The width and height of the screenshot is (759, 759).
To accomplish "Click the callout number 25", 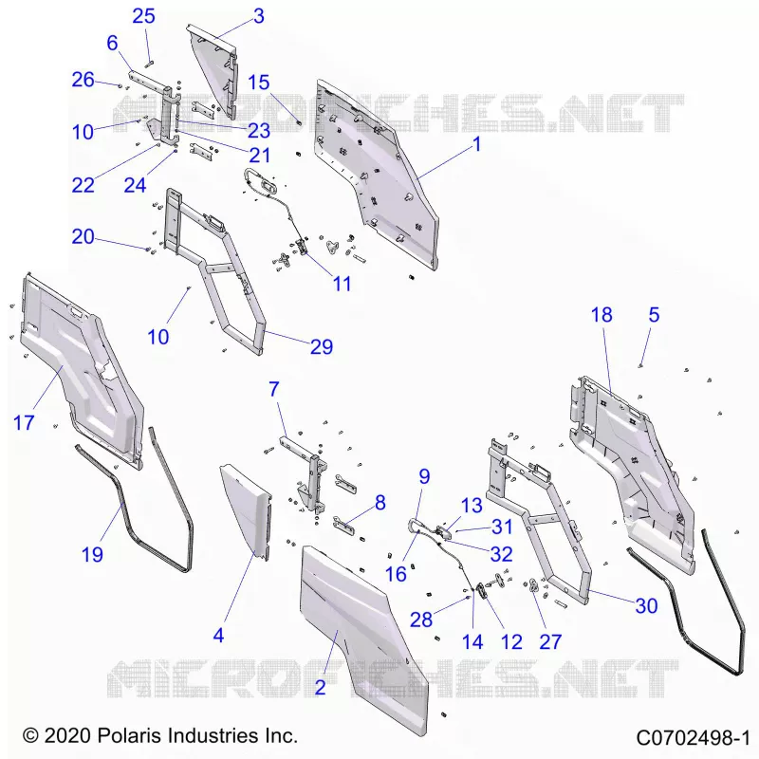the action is [144, 16].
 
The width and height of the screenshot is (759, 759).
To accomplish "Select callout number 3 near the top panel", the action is [259, 16].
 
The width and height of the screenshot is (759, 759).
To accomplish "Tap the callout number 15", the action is [258, 83].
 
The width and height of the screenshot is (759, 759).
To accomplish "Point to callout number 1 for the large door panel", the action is [477, 144].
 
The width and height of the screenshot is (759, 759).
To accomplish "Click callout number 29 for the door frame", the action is [322, 346].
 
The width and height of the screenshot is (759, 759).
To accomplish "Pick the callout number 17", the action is [24, 422].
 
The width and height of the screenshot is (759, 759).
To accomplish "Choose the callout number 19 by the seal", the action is [92, 554].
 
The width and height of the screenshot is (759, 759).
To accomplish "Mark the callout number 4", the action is [219, 635].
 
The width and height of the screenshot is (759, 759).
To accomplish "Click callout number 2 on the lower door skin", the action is [320, 687].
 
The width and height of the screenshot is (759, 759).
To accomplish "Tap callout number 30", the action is [647, 606].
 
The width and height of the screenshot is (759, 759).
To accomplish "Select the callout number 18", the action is [602, 315].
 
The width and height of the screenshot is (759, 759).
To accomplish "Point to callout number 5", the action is [654, 315].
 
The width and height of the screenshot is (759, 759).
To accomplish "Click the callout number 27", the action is [550, 642].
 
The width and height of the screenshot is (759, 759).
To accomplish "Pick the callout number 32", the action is [501, 554].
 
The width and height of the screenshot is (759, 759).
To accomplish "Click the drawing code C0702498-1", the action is [693, 738].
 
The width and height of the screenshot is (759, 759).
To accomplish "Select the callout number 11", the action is [342, 284].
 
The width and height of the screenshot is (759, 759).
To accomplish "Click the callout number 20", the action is [83, 236].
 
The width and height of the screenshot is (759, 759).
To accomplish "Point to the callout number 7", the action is [274, 389].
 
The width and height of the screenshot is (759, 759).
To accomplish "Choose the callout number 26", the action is [83, 80].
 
